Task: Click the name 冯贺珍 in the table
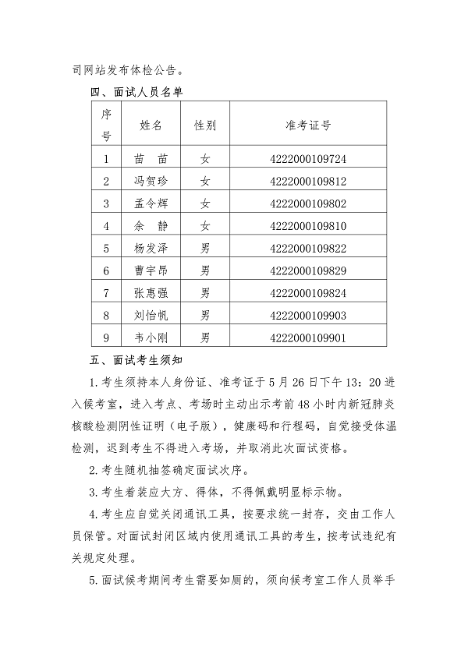pyautogui.click(x=151, y=182)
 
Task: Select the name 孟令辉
pyautogui.click(x=151, y=203)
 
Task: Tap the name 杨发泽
pyautogui.click(x=151, y=249)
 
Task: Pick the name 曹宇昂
pyautogui.click(x=151, y=270)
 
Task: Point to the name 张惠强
pyautogui.click(x=151, y=293)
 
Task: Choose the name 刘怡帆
pyautogui.click(x=151, y=316)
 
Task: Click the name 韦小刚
pyautogui.click(x=151, y=338)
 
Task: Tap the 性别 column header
pyautogui.click(x=205, y=125)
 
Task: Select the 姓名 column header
pyautogui.click(x=151, y=125)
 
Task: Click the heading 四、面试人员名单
pyautogui.click(x=137, y=91)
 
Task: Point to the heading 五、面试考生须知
pyautogui.click(x=137, y=361)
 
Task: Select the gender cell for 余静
pyautogui.click(x=205, y=226)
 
